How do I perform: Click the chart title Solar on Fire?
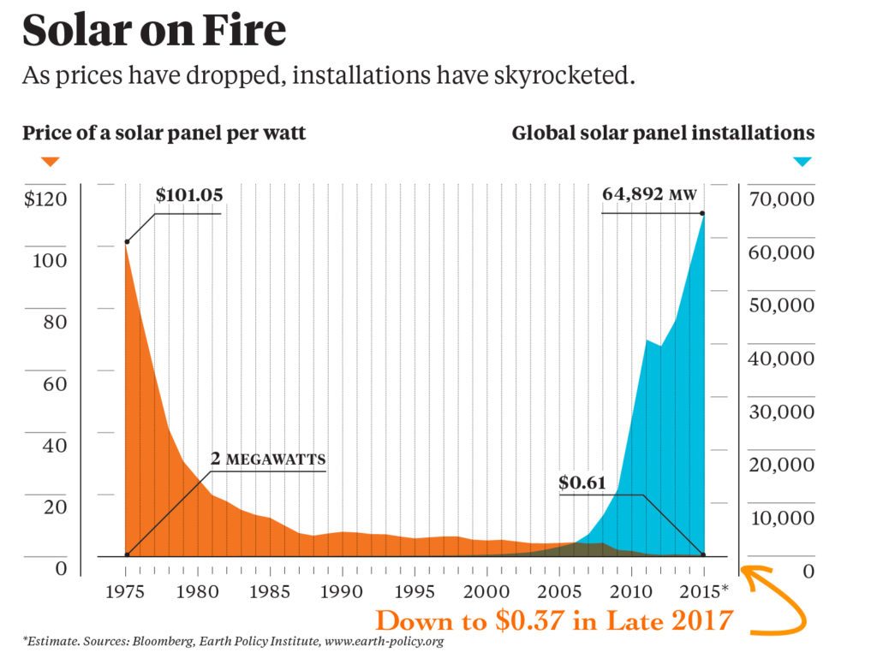[154, 31]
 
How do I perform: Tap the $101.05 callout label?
[188, 195]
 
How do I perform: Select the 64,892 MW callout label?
[649, 194]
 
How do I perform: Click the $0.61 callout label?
[582, 483]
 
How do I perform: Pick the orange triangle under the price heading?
[51, 161]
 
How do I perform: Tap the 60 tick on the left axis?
[55, 383]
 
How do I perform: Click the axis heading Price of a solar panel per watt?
[164, 133]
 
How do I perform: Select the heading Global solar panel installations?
[663, 133]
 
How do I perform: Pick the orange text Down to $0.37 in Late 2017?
[554, 620]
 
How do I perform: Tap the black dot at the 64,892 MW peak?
[703, 213]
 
